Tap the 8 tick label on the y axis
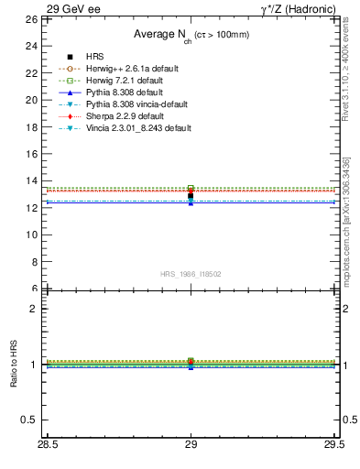coord(34,261)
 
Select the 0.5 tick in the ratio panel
coord(29,420)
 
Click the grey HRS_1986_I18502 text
coord(190,274)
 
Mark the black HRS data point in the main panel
coord(191,196)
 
